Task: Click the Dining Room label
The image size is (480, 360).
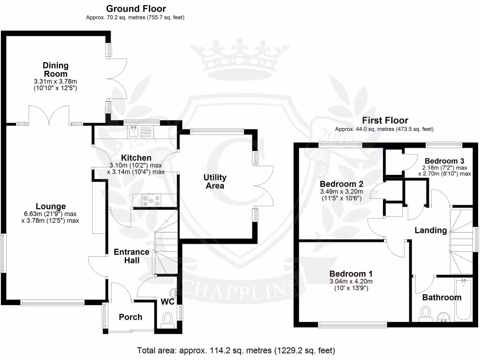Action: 55,69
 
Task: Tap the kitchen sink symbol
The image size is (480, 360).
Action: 140,132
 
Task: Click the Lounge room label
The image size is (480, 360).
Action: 51,206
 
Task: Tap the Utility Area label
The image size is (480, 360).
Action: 215,181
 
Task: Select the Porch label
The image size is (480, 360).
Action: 130,317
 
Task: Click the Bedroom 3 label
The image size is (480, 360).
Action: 444,161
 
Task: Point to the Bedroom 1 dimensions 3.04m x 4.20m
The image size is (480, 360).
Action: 351,281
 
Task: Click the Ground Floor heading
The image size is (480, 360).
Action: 136,8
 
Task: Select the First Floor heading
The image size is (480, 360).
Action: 385,120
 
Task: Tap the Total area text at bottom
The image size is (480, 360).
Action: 236,351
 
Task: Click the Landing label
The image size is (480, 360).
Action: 431,230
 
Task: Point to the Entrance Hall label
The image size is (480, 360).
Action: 132,256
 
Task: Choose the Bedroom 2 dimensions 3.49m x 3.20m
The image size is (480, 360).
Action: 342,192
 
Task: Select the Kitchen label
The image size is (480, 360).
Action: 136,158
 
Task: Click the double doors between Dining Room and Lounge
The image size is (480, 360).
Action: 49,115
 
